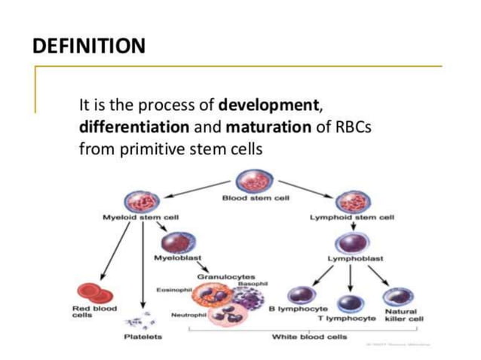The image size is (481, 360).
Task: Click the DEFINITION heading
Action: point(89,47)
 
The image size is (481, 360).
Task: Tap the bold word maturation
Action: point(268,127)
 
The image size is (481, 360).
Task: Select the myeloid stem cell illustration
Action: point(141,202)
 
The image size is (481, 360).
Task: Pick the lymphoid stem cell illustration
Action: point(351,202)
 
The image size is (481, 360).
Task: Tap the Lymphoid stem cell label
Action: point(352,218)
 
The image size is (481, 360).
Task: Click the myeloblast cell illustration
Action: point(176,243)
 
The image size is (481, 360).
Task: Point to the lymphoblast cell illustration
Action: point(351,243)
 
